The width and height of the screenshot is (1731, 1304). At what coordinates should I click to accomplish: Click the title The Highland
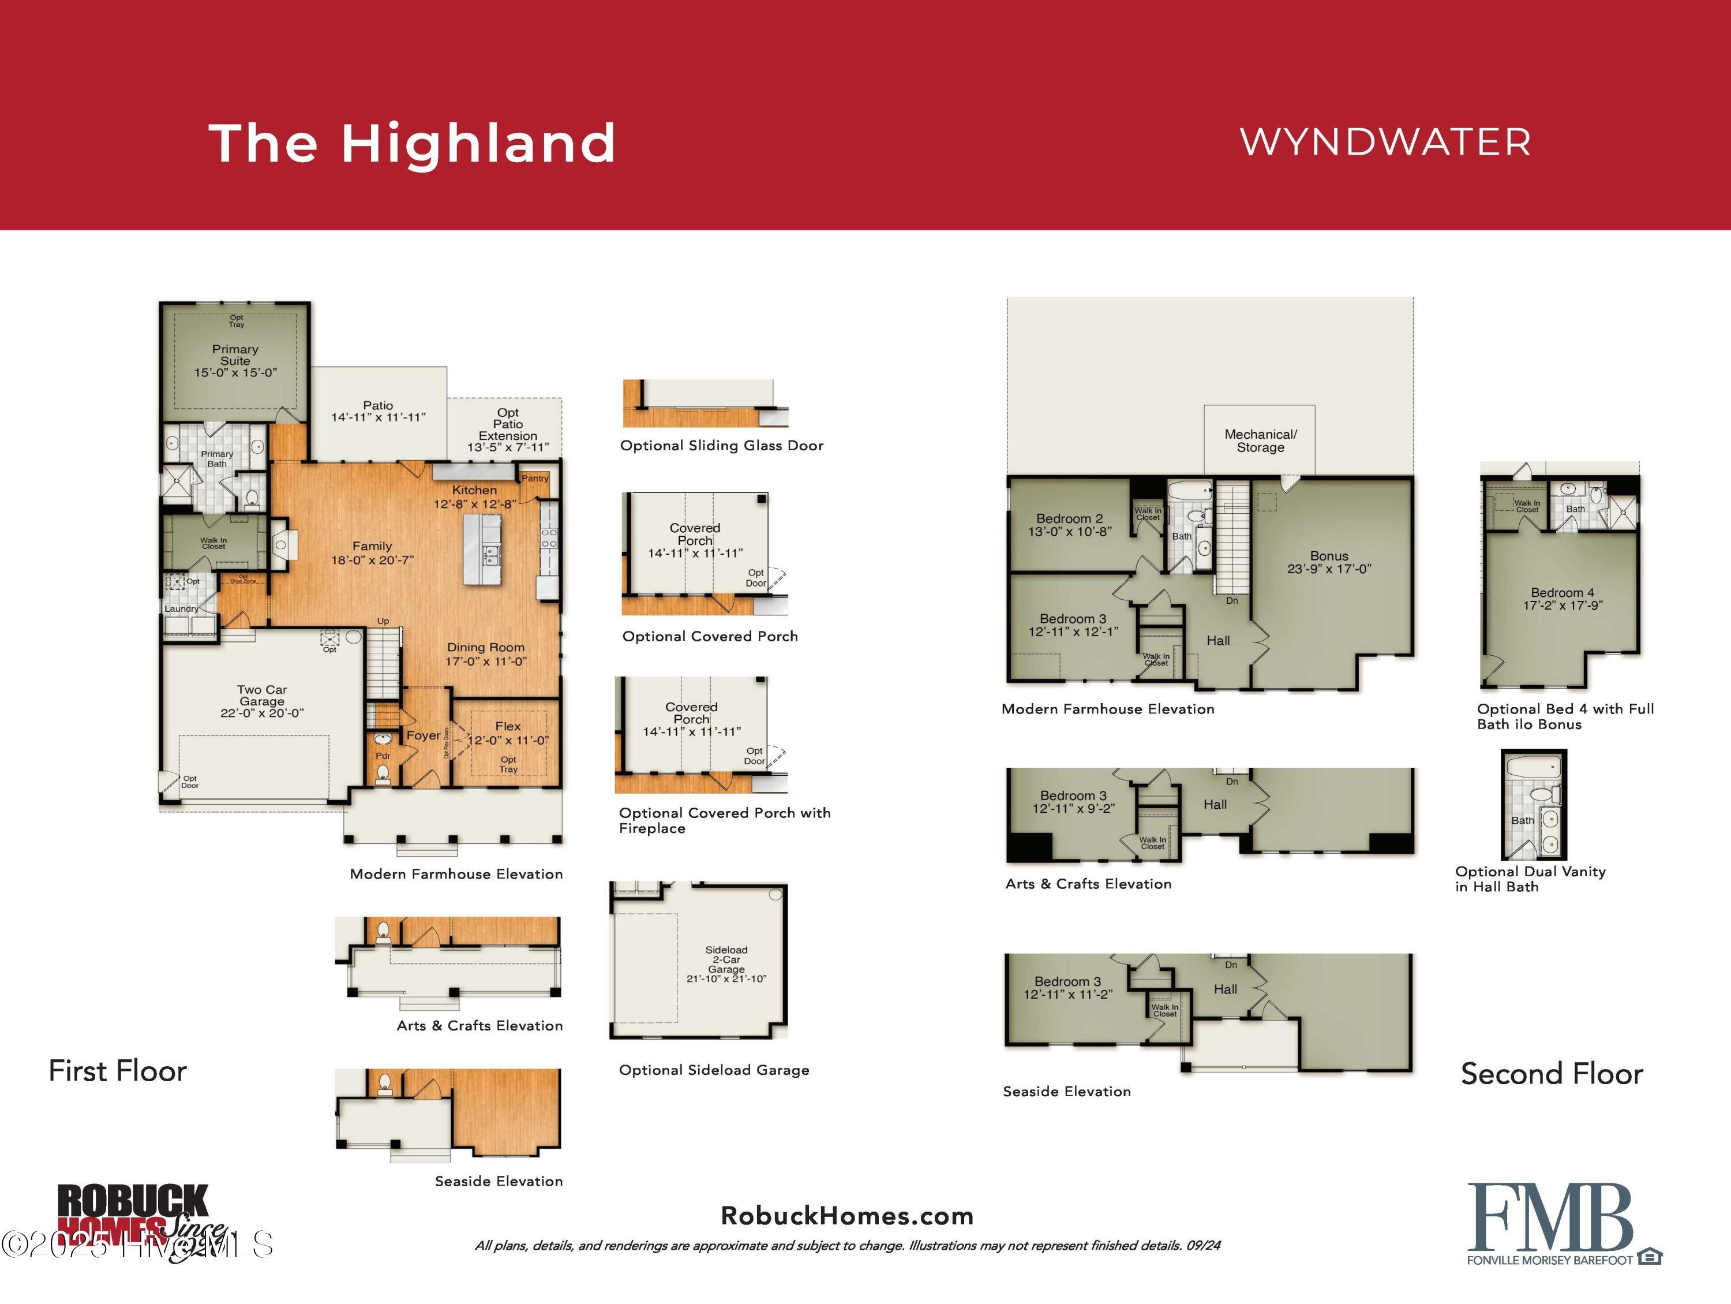coord(413,144)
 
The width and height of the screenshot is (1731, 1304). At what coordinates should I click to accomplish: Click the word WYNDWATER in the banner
coord(1385,143)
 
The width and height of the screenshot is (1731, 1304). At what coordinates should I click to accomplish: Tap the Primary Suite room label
coord(235,356)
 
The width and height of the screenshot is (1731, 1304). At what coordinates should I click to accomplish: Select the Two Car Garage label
coord(262,696)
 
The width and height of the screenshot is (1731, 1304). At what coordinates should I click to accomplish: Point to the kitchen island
coord(482,550)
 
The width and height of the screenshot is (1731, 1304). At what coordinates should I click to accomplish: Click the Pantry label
coord(535,478)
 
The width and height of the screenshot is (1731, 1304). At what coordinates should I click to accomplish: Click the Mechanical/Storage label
coord(1260,440)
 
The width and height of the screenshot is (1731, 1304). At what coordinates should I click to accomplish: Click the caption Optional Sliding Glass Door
coord(721,446)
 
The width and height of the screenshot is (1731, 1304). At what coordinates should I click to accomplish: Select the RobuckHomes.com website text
coord(846,1216)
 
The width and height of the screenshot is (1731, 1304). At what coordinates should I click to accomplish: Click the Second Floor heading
coord(1551,1074)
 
